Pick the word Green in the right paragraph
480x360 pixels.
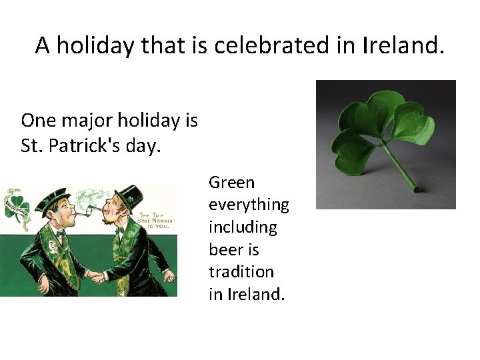point(231,182)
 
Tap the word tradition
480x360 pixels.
point(241,271)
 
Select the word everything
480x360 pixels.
point(249,205)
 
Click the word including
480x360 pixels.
point(242,227)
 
